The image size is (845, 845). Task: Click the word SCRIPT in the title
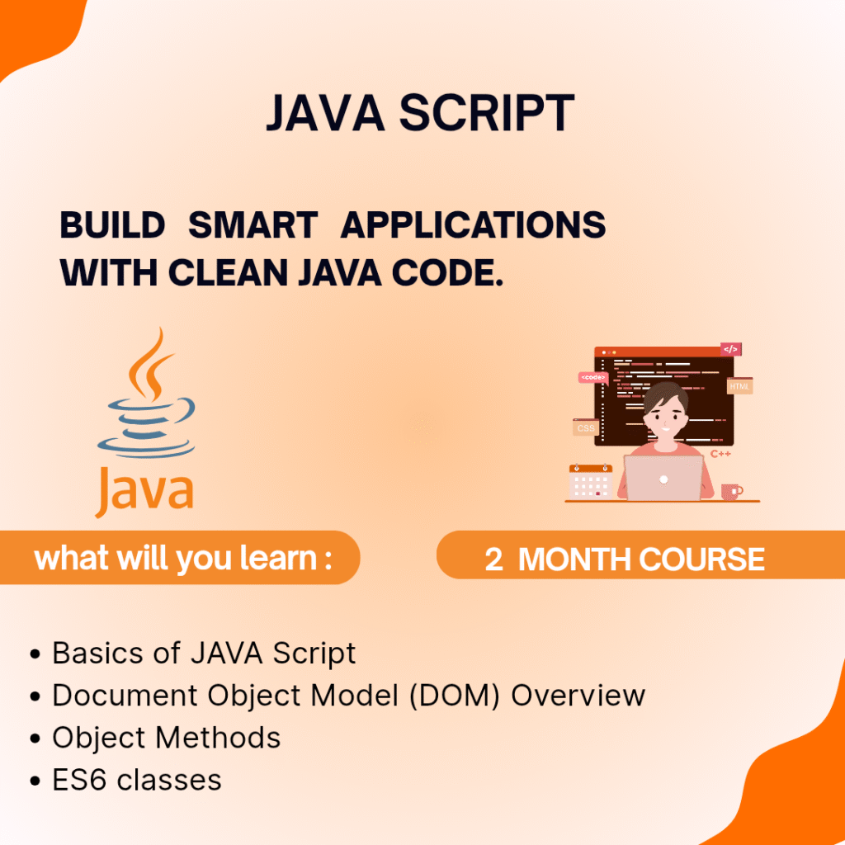(x=487, y=112)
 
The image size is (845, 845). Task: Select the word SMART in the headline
(x=253, y=224)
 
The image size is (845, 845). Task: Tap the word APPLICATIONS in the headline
(x=473, y=224)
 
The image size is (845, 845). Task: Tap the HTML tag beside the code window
(x=739, y=386)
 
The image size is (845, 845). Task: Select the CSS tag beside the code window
(x=586, y=428)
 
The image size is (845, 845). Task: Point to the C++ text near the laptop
(x=720, y=454)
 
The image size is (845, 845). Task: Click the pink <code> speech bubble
(x=592, y=378)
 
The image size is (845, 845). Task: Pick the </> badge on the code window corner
(x=731, y=349)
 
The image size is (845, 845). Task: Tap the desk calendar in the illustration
(x=591, y=481)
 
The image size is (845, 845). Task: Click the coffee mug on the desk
(x=731, y=492)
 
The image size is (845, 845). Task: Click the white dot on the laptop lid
(x=663, y=479)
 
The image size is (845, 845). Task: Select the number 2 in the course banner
(x=493, y=559)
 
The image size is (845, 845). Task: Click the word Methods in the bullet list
(x=218, y=737)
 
